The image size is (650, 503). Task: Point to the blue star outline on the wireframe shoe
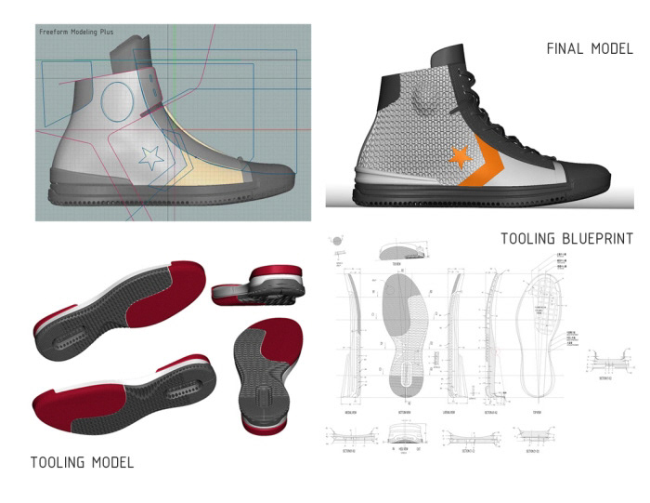coord(150,156)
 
